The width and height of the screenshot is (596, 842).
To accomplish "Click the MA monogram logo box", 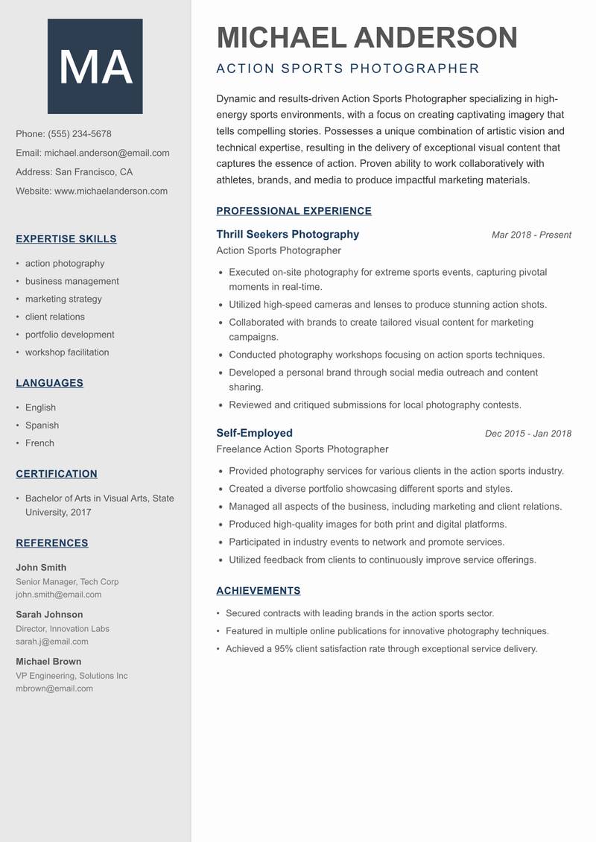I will [95, 67].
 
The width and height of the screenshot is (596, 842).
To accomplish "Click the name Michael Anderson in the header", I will [367, 37].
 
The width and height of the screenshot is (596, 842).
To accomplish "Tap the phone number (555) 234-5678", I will [80, 134].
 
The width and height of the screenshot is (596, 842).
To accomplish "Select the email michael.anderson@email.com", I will [107, 153].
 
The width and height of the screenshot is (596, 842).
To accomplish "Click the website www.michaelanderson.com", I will [111, 191].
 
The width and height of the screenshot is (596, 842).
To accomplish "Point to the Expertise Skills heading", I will [66, 239].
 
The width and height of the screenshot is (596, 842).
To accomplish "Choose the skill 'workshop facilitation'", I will [67, 352].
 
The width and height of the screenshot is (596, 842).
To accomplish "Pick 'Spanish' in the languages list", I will [42, 425].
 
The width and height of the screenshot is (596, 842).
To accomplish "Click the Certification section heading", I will [57, 474].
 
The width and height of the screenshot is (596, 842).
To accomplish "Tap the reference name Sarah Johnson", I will [49, 615].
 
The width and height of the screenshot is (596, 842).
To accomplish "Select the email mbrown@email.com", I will [54, 689].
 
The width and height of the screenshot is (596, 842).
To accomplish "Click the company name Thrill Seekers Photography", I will [288, 235].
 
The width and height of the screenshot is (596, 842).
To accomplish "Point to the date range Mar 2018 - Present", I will [531, 235].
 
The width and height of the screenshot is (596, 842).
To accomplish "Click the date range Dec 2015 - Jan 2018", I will [527, 434].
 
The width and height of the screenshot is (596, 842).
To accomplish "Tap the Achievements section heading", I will [259, 591].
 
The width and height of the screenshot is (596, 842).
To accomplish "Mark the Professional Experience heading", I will [294, 211].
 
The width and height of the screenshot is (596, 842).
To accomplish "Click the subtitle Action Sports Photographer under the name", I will [348, 69].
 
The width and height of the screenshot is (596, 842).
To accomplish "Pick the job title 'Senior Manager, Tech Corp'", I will [67, 582].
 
